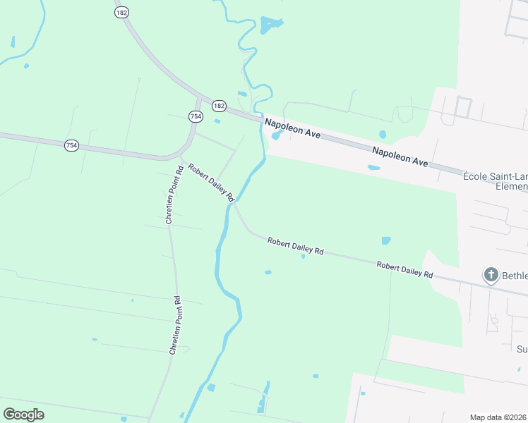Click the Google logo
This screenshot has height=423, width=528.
click(x=23, y=414)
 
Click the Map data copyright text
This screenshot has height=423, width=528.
click(x=498, y=417)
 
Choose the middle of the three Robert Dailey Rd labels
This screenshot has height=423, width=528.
click(x=295, y=247)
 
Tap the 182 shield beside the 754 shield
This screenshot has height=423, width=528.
click(x=219, y=105)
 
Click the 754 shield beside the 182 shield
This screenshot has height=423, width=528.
click(x=196, y=116)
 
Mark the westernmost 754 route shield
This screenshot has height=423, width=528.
click(x=71, y=145)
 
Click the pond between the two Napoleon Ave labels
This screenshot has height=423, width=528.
click(x=383, y=134)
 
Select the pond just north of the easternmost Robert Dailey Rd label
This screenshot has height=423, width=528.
click(x=386, y=240)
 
